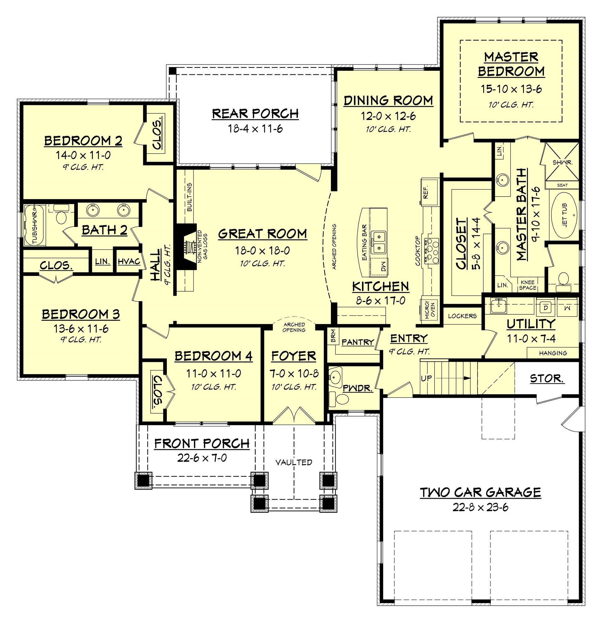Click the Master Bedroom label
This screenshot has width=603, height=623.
coord(511,64)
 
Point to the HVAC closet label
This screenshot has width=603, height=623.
coord(129,261)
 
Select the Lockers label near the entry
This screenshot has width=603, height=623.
coord(462,316)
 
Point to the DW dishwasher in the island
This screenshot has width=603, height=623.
coord(383,264)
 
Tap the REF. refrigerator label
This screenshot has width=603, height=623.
coord(426,192)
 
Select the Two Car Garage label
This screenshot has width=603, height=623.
coord(480,492)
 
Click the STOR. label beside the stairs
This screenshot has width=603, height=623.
coord(547,378)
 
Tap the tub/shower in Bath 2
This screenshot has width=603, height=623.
coord(34,225)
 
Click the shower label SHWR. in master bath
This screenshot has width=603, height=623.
coord(562,162)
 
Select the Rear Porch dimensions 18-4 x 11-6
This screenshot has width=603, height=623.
coord(255,129)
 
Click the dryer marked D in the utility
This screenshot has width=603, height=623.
coord(545,308)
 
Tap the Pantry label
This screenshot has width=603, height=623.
coord(358,342)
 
